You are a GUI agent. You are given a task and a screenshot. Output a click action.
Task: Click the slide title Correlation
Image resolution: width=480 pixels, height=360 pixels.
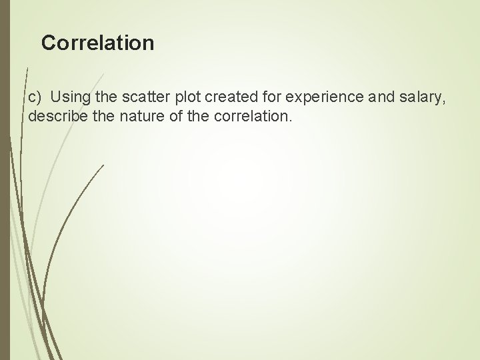click(97, 43)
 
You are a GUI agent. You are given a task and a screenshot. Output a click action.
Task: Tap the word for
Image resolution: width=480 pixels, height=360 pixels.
click(265, 99)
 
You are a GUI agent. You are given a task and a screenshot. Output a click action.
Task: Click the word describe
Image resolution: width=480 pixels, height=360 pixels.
click(55, 117)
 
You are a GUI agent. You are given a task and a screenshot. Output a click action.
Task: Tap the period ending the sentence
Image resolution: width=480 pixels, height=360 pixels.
click(291, 121)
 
